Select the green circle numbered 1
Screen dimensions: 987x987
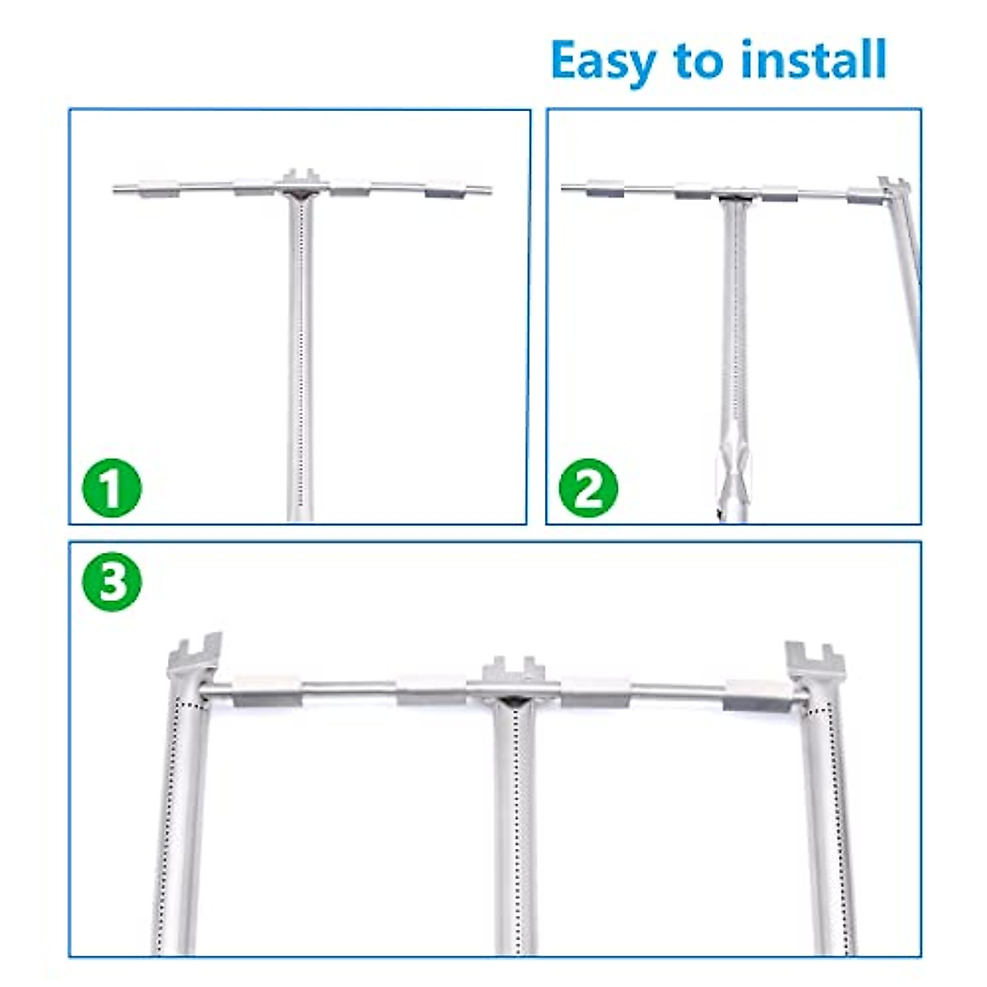(112, 488)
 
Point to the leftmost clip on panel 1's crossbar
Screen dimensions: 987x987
(158, 190)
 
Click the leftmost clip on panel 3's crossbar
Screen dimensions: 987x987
(265, 691)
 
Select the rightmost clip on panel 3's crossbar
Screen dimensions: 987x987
(755, 695)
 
